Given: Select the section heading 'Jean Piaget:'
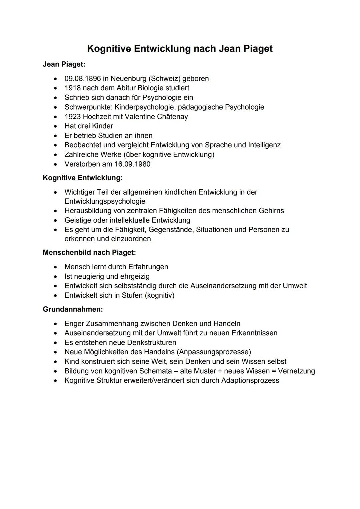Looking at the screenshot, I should point(64,64).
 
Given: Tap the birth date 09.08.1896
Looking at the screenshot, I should point(82,79).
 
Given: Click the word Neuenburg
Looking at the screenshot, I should point(128,79).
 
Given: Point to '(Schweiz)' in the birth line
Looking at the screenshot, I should point(164,79).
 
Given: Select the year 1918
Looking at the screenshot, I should point(73,88).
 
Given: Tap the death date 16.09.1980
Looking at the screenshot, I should point(132,164).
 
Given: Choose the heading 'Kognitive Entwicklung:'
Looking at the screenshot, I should point(83,178).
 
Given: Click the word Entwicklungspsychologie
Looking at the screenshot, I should point(105,201).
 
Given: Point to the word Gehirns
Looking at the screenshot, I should point(271,211).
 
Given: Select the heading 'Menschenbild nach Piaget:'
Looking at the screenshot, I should point(89,252).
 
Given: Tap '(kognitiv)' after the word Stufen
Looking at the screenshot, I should point(159,295).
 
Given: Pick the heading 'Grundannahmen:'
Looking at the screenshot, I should point(73,309).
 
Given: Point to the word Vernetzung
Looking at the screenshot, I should point(296,371).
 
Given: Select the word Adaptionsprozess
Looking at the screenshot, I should point(250,380).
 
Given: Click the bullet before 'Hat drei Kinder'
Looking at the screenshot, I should point(55,126).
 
